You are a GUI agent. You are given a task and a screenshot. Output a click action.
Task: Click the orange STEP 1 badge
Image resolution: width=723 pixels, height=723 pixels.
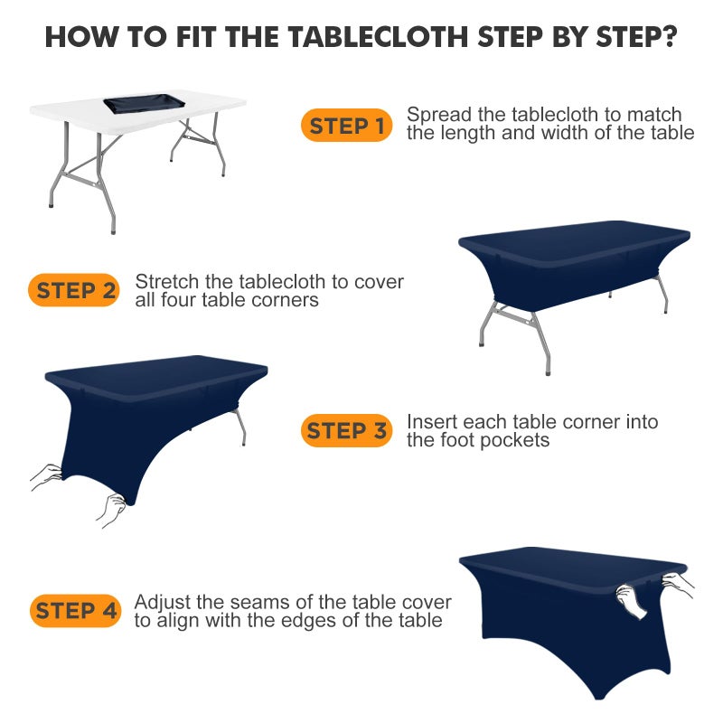pos(346,127)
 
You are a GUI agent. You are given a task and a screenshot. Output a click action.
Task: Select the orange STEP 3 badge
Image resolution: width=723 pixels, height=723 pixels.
pos(346,431)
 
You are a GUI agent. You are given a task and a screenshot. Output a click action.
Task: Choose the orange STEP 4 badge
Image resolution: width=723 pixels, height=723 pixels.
pos(76,611)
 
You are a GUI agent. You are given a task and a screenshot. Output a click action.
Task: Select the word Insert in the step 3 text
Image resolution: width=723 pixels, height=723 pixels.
pos(430,422)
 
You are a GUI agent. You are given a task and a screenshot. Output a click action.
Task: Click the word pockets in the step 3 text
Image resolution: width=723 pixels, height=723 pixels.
pos(516,440)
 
